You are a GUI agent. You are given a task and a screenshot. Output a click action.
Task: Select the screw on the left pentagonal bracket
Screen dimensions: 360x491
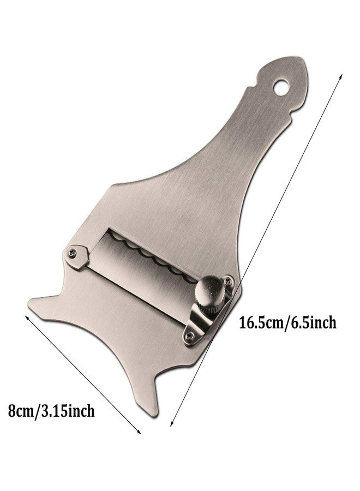coord(72,253)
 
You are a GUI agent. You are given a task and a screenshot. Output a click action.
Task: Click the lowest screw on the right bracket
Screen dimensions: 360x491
coord(188,336)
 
